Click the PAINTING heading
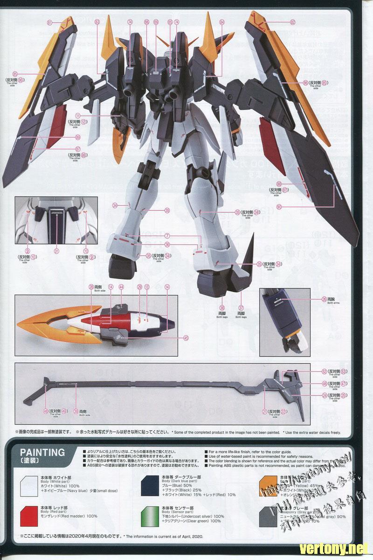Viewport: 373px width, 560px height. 42,452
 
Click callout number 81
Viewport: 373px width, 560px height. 50,22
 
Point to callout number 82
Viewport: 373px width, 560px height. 292,22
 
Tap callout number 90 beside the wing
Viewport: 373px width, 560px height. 279,207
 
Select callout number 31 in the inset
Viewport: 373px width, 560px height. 56,251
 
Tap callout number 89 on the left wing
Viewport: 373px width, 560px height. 78,137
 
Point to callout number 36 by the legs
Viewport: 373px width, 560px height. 167,245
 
